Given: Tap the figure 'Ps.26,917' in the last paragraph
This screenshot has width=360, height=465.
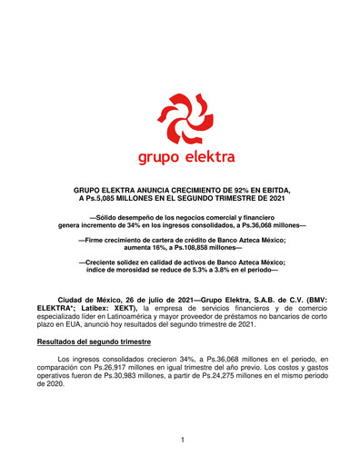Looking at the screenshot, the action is pos(135,367).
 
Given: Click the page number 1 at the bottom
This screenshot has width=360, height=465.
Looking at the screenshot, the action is pos(182,440).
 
